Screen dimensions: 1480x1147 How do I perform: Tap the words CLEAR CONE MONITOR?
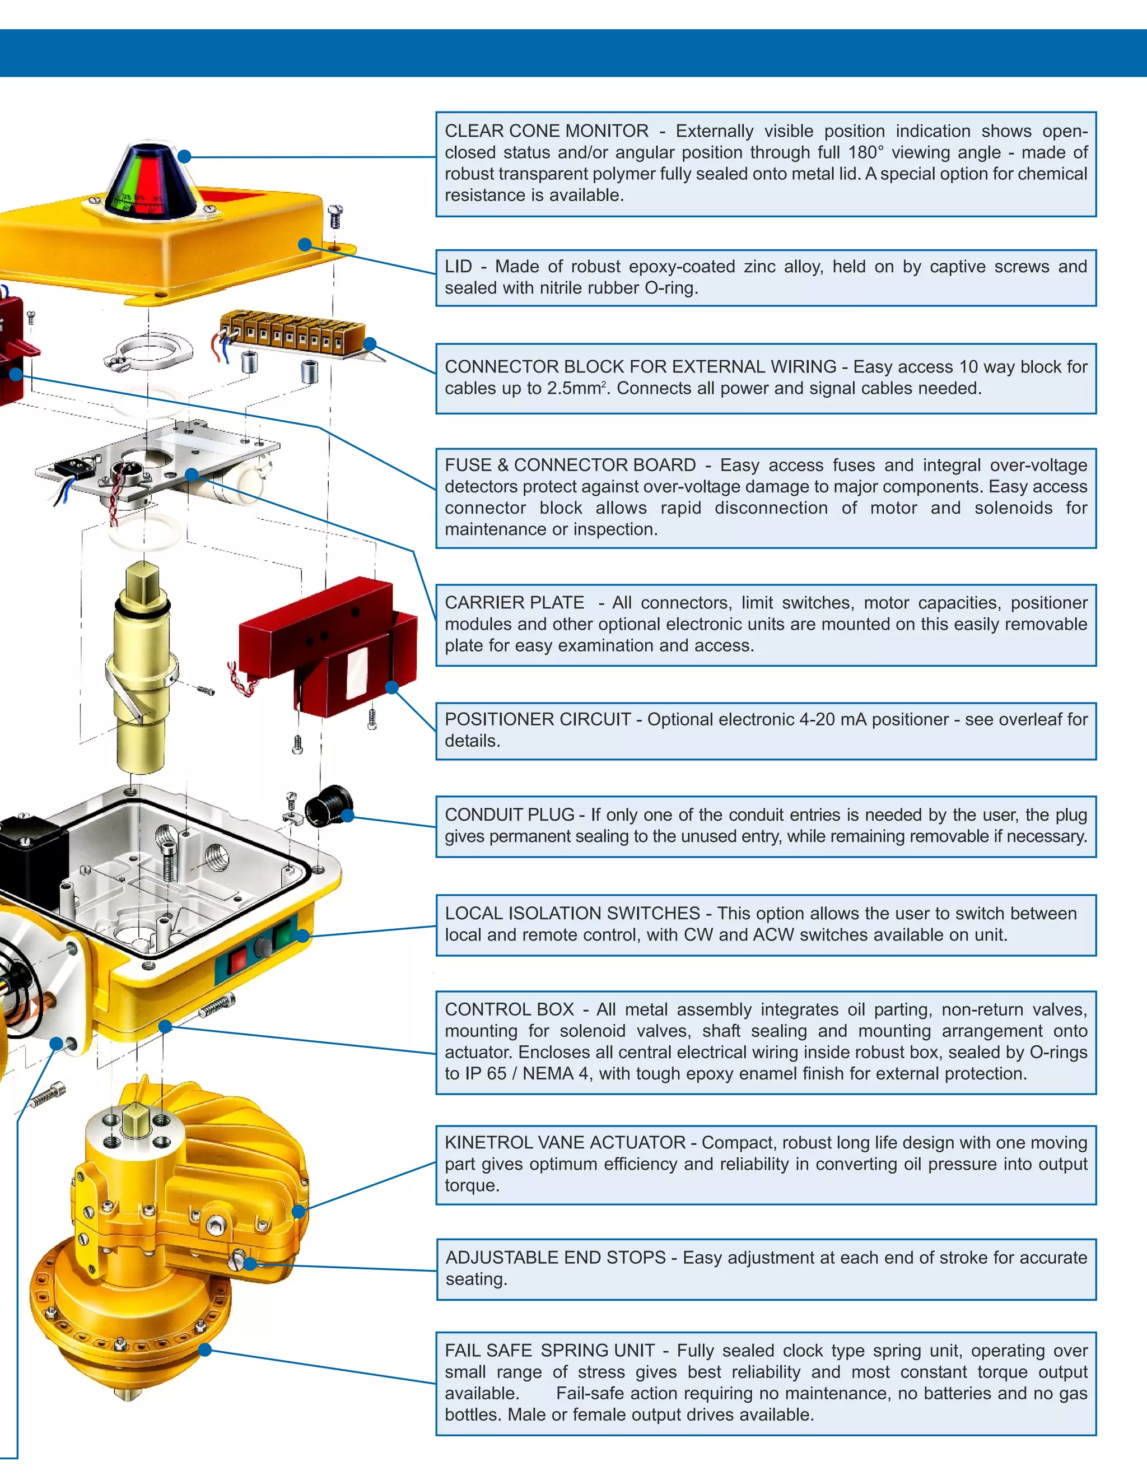click(546, 131)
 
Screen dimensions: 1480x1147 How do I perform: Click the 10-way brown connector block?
click(291, 332)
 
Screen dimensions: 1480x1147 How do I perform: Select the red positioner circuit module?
click(325, 644)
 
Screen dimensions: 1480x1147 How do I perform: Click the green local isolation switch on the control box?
click(281, 938)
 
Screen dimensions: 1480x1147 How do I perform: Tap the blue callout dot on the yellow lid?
click(305, 244)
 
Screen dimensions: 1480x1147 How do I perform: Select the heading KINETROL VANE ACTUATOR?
click(565, 1143)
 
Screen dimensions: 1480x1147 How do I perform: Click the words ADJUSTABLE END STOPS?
click(556, 1258)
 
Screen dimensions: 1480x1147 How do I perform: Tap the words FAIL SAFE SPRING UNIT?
click(549, 1351)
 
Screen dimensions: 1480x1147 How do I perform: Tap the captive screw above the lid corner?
click(335, 216)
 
